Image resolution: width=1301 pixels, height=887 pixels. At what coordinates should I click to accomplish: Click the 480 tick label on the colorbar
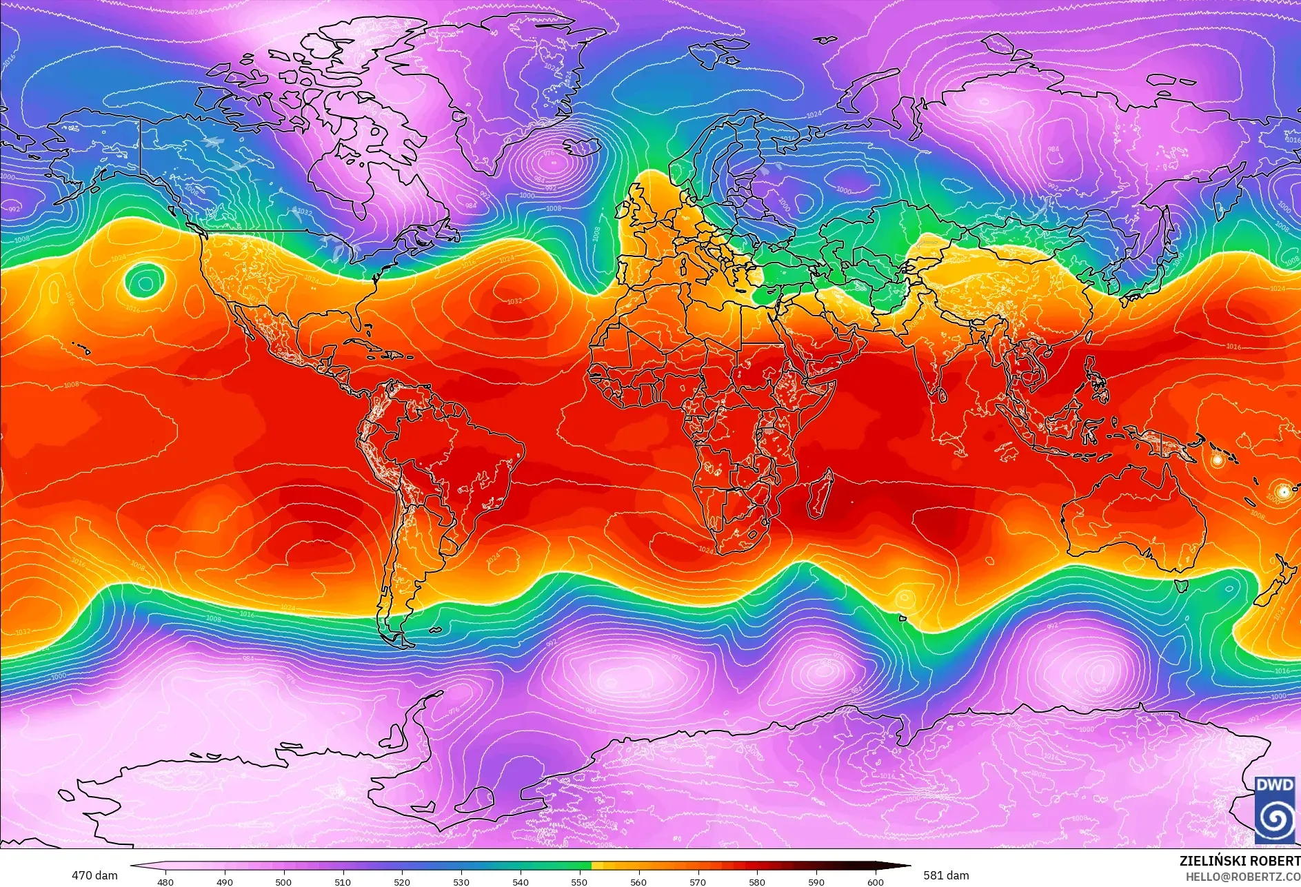point(165,881)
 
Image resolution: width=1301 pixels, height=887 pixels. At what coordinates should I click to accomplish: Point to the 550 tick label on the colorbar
point(579,881)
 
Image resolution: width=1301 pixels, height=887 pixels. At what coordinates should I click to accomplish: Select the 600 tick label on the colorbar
point(875,881)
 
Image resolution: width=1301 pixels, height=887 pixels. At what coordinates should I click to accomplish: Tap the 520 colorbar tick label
point(402,881)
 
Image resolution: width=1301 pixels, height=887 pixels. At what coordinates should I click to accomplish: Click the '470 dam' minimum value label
point(94,875)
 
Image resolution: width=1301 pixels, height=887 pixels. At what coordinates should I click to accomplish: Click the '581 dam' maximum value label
point(946,875)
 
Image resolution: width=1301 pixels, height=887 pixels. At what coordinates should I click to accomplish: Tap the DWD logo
point(1275,809)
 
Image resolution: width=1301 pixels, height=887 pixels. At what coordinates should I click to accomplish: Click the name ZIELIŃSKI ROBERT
point(1240,861)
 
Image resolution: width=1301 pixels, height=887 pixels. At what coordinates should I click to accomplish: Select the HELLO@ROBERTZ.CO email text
point(1242,877)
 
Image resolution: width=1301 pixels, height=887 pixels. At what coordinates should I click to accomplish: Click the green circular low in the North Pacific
point(144,281)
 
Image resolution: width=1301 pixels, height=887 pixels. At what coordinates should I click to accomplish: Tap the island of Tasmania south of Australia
point(1180,586)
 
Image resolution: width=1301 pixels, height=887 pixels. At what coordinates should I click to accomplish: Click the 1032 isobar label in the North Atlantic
point(514,301)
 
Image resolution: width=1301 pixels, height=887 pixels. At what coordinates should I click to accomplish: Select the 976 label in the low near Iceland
point(549,154)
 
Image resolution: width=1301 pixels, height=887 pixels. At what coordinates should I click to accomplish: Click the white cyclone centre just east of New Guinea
point(1218,460)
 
